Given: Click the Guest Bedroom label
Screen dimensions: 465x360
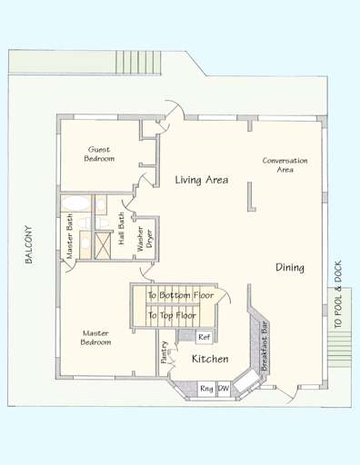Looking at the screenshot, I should pyautogui.click(x=100, y=153).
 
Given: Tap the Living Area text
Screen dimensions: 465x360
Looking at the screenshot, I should pyautogui.click(x=201, y=182).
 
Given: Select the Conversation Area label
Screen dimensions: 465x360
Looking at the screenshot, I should pyautogui.click(x=285, y=164).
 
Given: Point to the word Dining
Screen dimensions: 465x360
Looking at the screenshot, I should pyautogui.click(x=290, y=268).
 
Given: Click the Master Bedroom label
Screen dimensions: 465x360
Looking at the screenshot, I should pyautogui.click(x=95, y=338).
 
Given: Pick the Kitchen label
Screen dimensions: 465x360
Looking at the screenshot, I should pyautogui.click(x=210, y=361).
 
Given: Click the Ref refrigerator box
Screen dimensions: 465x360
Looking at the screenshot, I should pyautogui.click(x=205, y=337).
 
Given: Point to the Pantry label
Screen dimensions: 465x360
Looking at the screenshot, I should pyautogui.click(x=164, y=351).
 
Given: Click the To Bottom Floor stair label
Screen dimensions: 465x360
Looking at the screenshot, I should pyautogui.click(x=181, y=296).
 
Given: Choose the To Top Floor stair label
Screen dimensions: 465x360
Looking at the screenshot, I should pyautogui.click(x=173, y=315).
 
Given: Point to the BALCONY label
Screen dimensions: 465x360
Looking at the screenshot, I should pyautogui.click(x=28, y=245).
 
